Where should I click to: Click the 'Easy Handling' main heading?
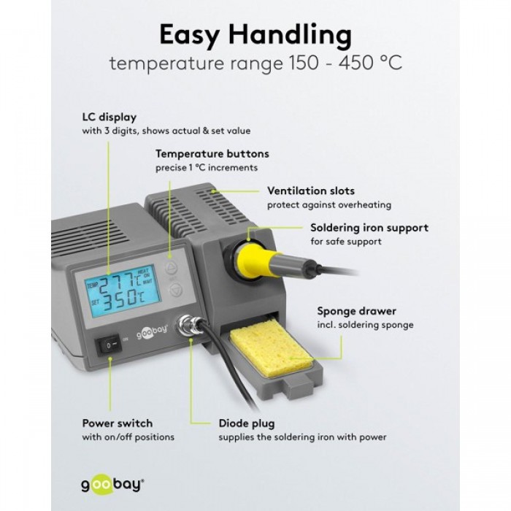point(255,35)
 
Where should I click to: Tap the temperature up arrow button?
point(171,269)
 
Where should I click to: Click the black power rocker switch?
point(109,345)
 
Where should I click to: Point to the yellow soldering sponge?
point(272,349)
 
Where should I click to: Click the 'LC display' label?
point(109,117)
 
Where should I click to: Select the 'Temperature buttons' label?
point(212,154)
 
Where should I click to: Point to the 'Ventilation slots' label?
point(311,191)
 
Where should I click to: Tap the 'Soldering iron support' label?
point(369,228)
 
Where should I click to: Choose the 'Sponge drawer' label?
point(356,311)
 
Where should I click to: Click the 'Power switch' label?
point(118,423)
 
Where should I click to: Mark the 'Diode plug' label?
point(247,423)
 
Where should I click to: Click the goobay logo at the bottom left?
point(112,485)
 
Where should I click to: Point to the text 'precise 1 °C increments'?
point(207,168)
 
